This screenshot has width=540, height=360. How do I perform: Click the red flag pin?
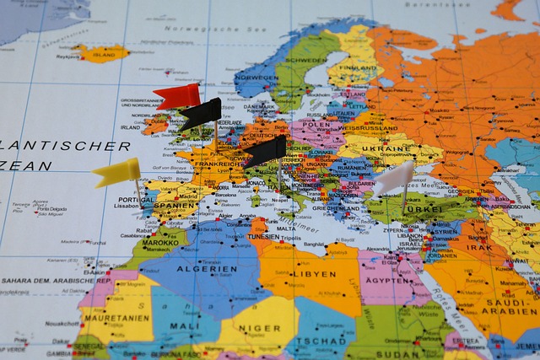point(178,95)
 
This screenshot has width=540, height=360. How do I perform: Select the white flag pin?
point(394,178)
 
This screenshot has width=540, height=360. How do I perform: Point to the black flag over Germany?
point(266,150)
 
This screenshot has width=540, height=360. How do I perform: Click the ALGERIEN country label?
point(207,269)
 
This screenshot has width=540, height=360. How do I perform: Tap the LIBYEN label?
point(314,274)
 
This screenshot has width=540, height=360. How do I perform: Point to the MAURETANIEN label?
point(116,318)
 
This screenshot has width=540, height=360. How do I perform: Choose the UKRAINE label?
point(387,148)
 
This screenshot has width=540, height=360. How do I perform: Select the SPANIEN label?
point(175,205)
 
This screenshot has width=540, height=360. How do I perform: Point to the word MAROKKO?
point(160,243)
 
